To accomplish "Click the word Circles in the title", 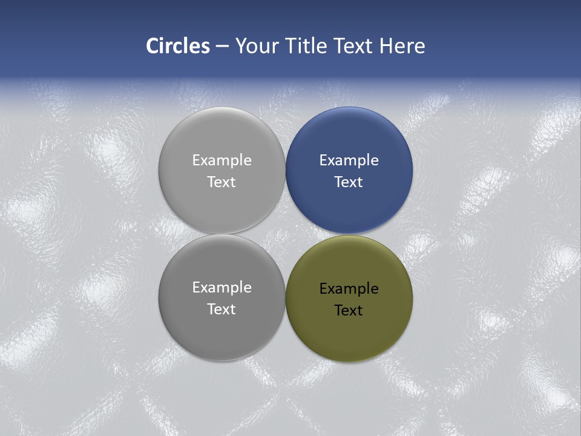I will point(178,46).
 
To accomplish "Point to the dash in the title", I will point(222,47).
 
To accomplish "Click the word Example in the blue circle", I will point(349,160).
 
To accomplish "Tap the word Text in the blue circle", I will point(349,182).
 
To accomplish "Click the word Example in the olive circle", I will point(349,289).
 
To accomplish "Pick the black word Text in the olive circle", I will point(349,311).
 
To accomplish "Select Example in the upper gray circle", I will point(222,160).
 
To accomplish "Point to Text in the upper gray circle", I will point(222,182).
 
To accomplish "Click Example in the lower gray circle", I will point(222,288).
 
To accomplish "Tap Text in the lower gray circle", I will point(222,309).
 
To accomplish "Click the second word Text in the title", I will point(354,46).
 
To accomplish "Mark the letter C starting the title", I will point(152,46).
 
